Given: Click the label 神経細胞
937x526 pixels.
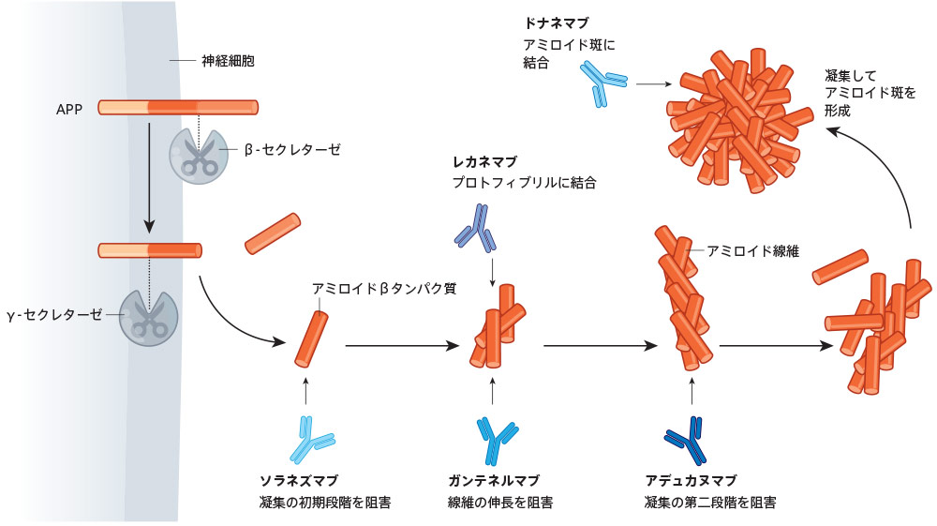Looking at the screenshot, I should click(x=228, y=61).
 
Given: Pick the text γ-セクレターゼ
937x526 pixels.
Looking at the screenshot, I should click(x=56, y=314).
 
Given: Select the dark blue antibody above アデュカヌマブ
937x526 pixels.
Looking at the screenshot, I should click(x=688, y=439).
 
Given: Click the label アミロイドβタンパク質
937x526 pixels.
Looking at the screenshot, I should click(x=384, y=289).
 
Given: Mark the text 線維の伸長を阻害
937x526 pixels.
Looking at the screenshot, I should click(x=500, y=503).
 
